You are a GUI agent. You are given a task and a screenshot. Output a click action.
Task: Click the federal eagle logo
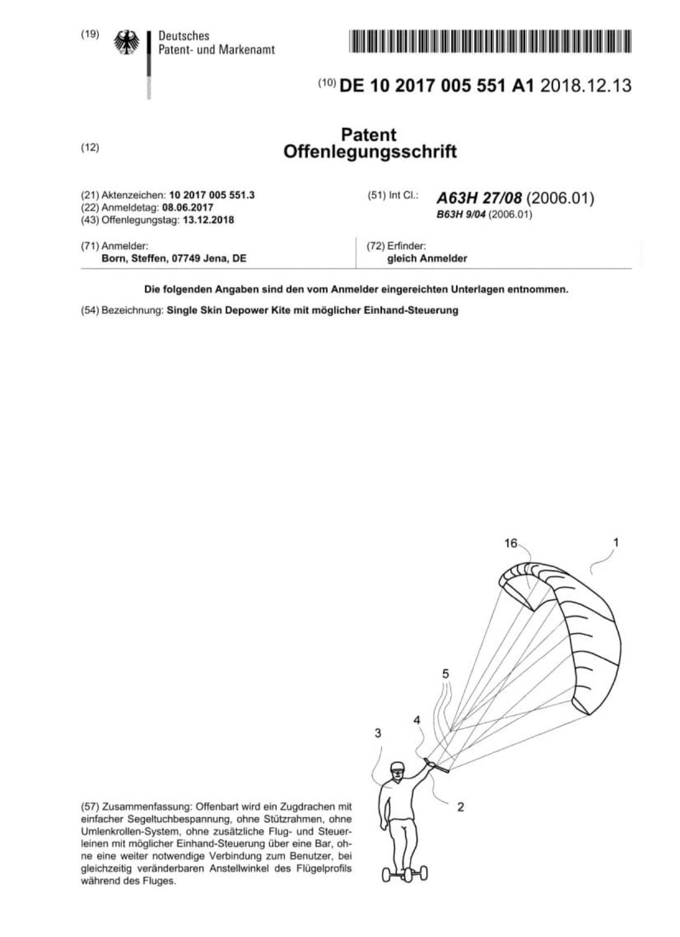click(x=127, y=42)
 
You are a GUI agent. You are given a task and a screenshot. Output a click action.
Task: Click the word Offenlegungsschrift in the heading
click(x=370, y=152)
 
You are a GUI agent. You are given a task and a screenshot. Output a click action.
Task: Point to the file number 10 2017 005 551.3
click(x=212, y=195)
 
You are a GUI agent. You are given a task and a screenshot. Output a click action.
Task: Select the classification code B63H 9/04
click(x=461, y=214)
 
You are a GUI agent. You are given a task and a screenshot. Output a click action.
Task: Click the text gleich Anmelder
click(x=427, y=259)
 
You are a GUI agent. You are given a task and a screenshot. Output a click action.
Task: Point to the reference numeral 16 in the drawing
click(x=510, y=543)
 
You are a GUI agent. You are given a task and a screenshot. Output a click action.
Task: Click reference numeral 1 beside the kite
click(x=616, y=542)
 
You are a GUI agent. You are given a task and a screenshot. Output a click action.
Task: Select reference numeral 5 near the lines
click(x=446, y=674)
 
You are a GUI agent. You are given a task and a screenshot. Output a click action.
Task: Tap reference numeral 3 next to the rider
click(x=378, y=733)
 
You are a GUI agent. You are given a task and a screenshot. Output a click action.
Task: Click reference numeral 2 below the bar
click(x=460, y=807)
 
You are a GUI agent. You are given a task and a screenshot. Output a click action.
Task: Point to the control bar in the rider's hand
click(x=436, y=766)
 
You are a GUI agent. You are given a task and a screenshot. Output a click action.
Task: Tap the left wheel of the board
click(x=387, y=874)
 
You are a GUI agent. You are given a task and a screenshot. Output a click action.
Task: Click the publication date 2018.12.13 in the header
click(x=585, y=86)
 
